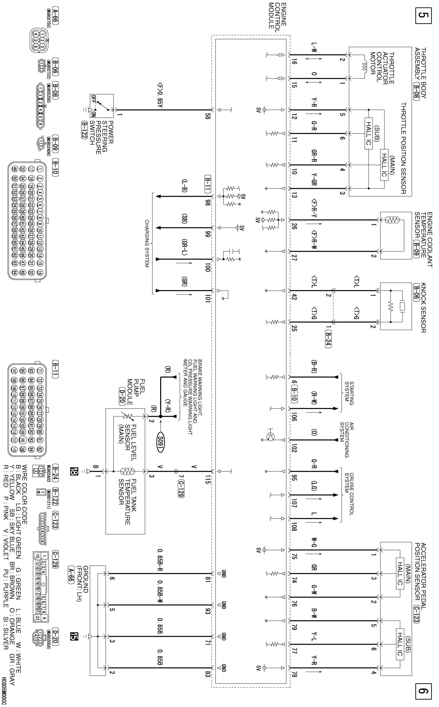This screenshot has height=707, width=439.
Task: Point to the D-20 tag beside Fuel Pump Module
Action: click(x=122, y=396)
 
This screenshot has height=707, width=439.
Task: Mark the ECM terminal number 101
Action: click(x=207, y=298)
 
